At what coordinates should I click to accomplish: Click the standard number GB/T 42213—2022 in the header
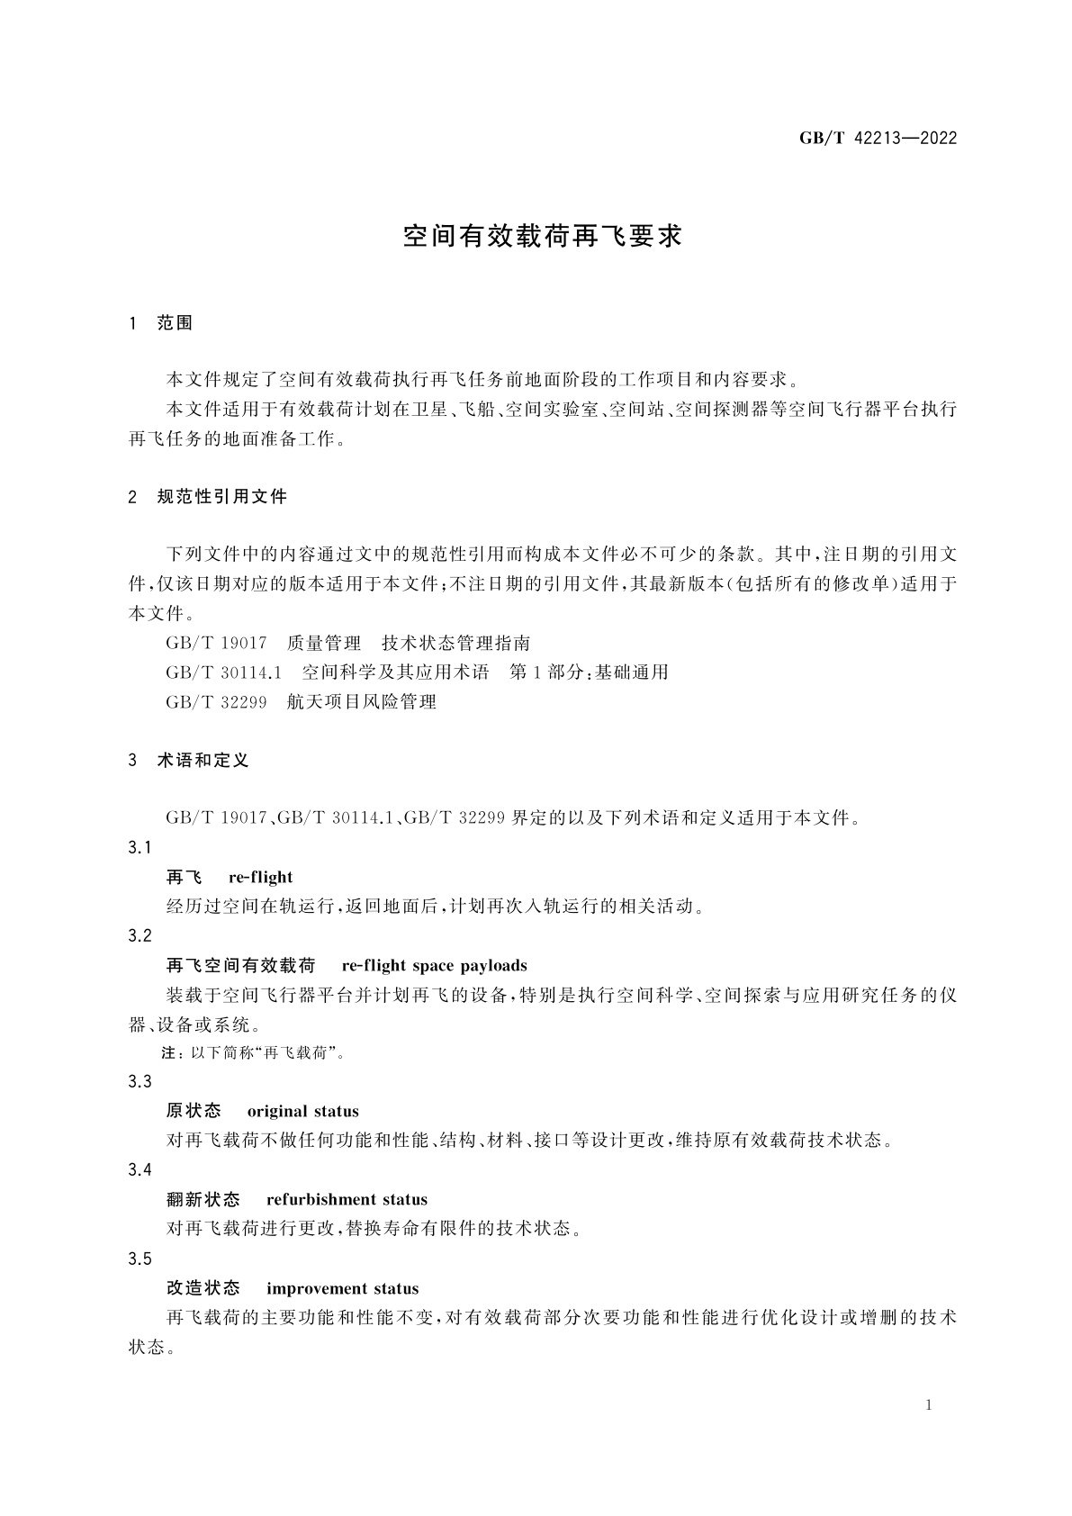point(878,138)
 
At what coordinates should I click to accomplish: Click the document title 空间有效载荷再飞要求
point(543,237)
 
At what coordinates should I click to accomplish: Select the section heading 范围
point(175,323)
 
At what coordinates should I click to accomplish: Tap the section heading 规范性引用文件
point(221,496)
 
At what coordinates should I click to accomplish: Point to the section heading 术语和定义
point(203,760)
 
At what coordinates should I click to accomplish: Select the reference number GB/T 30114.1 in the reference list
point(224,672)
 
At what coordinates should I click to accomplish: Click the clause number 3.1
point(140,847)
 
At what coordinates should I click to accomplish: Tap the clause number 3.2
point(140,935)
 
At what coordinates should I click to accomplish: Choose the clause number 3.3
point(140,1081)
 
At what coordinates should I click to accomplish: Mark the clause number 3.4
point(140,1169)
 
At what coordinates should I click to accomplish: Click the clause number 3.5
point(140,1259)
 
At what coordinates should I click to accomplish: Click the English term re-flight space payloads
point(434,966)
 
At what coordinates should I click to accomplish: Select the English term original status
point(302,1111)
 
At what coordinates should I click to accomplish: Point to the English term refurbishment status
point(347,1199)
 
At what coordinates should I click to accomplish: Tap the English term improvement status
point(342,1288)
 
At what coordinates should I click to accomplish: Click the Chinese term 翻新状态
point(203,1199)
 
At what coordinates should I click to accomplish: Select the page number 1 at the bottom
point(928,1405)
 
